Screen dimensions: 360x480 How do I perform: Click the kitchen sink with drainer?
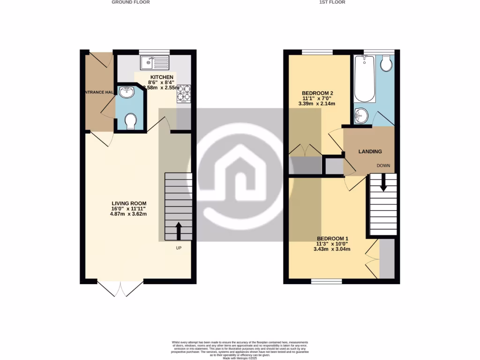[x=154, y=61]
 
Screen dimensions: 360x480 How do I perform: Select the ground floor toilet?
[x=131, y=122]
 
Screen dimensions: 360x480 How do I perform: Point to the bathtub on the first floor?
[x=364, y=78]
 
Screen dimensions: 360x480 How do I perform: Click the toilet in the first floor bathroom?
[x=386, y=64]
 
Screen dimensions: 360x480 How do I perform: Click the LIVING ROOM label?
[x=129, y=203]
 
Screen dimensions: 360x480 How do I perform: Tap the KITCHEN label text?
[x=162, y=77]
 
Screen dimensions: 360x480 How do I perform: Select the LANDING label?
[x=370, y=151]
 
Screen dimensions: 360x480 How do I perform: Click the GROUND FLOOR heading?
[x=131, y=2]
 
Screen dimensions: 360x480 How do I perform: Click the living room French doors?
[x=120, y=288]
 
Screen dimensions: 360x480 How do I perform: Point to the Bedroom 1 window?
[x=327, y=281]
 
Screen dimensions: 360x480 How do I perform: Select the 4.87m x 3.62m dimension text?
[x=129, y=215]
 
